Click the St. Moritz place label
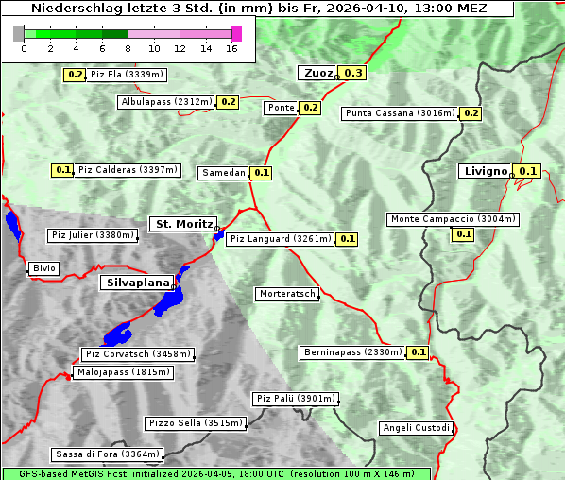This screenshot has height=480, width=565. [x=183, y=224]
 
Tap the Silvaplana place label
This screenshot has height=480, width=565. [x=137, y=283]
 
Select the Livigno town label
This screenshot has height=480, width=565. [x=485, y=171]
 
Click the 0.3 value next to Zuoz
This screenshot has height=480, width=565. [x=352, y=73]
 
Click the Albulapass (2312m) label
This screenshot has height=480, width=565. [x=166, y=102]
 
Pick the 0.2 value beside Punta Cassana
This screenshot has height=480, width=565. [x=471, y=113]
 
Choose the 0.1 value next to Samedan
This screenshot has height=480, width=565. [x=262, y=173]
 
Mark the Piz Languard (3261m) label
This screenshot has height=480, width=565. [x=280, y=239]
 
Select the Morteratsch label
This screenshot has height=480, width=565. [x=287, y=294]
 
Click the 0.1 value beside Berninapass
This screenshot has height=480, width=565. [x=419, y=352]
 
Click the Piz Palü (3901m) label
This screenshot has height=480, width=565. [x=295, y=399]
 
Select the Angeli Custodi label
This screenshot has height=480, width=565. [x=417, y=428]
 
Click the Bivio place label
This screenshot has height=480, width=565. [x=43, y=268]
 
